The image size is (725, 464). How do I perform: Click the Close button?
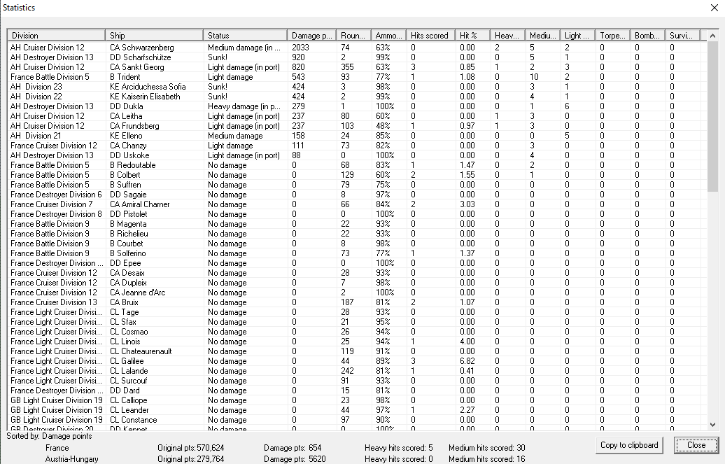[x=696, y=445]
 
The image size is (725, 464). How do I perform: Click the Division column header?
[x=56, y=35]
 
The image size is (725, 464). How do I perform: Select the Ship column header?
[x=155, y=35]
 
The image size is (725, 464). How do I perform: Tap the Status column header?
[x=246, y=35]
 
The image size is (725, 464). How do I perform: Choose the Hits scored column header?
[x=430, y=35]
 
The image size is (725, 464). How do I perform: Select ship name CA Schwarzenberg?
[x=141, y=48]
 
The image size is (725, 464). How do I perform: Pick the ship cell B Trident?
[x=125, y=77]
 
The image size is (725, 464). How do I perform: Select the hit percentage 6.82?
[x=467, y=361]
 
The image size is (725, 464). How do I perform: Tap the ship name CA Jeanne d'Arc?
[x=138, y=293]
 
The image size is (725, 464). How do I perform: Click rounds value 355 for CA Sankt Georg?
[x=348, y=67]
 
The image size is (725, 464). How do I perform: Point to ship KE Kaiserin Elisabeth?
[x=145, y=97]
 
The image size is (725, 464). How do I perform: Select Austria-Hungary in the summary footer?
[x=71, y=459]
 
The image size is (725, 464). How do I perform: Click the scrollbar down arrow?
[x=712, y=424]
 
